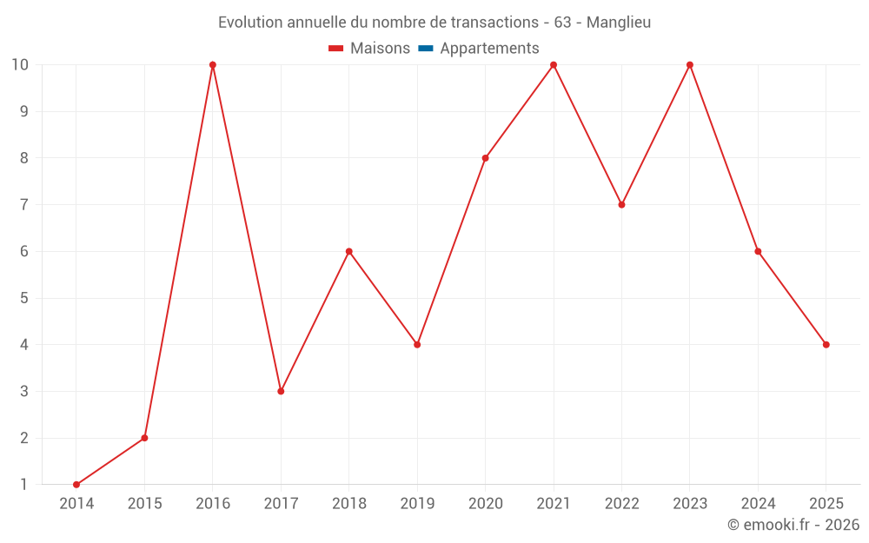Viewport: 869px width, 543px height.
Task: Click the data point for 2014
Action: pyautogui.click(x=76, y=485)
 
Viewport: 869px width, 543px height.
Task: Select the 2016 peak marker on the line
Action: pyautogui.click(x=213, y=65)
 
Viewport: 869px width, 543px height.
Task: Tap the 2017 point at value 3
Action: pyautogui.click(x=281, y=391)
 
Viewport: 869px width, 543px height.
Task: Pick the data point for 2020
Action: pyautogui.click(x=486, y=158)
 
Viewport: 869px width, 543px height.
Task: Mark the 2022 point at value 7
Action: pyautogui.click(x=621, y=205)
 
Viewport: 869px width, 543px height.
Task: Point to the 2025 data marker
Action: pyautogui.click(x=826, y=345)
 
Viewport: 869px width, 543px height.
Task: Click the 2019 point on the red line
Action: pyautogui.click(x=417, y=345)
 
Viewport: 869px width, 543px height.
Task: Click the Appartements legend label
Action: pyautogui.click(x=489, y=49)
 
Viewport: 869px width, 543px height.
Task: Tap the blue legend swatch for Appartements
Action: pyautogui.click(x=425, y=49)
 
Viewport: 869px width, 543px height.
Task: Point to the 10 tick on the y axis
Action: pyautogui.click(x=19, y=65)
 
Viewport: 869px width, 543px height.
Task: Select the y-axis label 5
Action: pyautogui.click(x=24, y=298)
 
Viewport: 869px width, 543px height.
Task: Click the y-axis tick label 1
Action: pyautogui.click(x=24, y=485)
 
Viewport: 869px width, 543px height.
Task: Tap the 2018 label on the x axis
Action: pyautogui.click(x=349, y=504)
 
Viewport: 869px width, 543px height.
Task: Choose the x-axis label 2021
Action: pyautogui.click(x=554, y=504)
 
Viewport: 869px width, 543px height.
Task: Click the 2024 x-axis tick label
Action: pyautogui.click(x=758, y=504)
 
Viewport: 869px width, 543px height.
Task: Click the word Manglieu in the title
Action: pyautogui.click(x=619, y=23)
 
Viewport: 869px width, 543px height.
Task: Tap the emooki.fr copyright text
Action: pyautogui.click(x=793, y=525)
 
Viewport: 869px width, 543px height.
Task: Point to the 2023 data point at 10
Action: pyautogui.click(x=690, y=65)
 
